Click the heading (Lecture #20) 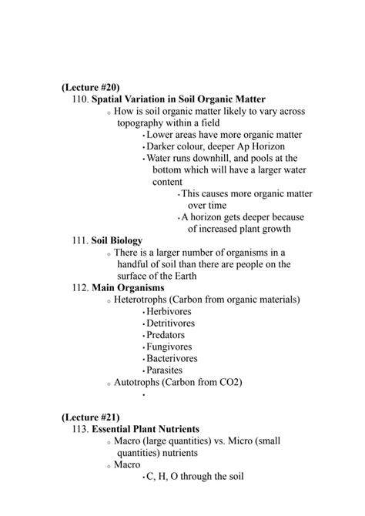90,88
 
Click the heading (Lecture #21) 90,417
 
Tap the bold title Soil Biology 116,240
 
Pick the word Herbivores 171,311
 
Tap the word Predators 169,335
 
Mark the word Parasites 167,370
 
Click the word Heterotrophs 142,299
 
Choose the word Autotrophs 138,382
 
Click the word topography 145,123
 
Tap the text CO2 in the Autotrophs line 231,382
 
